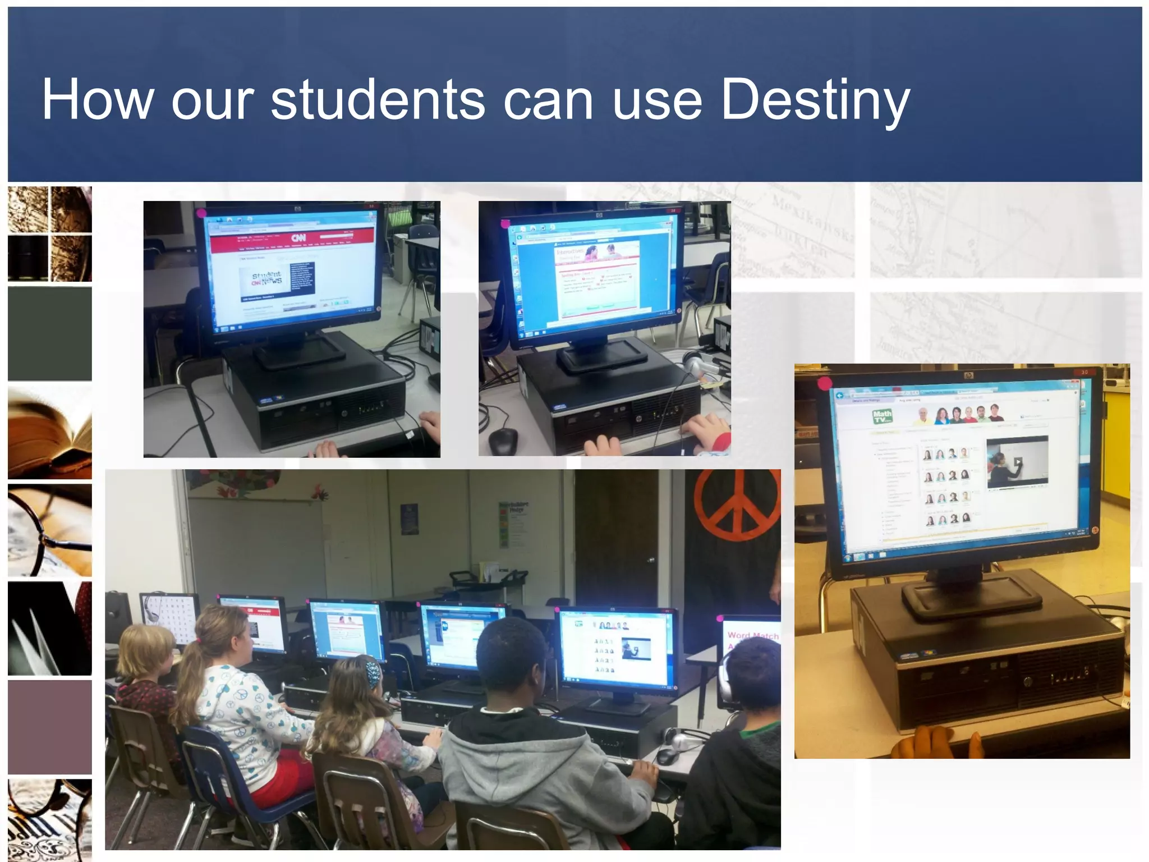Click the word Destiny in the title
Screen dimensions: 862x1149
pyautogui.click(x=815, y=100)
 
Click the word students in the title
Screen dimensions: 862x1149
pyautogui.click(x=378, y=100)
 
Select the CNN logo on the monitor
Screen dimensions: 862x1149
pyautogui.click(x=298, y=238)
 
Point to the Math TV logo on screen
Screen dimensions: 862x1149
pyautogui.click(x=882, y=416)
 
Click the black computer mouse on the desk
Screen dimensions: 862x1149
pyautogui.click(x=503, y=441)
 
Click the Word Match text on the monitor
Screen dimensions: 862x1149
pyautogui.click(x=752, y=636)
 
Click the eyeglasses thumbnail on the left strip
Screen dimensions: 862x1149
pyautogui.click(x=49, y=531)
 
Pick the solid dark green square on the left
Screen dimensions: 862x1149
pyautogui.click(x=49, y=334)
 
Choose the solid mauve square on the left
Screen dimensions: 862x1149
pyautogui.click(x=49, y=727)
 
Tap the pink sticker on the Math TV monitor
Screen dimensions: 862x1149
pyautogui.click(x=825, y=384)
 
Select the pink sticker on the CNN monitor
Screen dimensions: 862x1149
pyautogui.click(x=201, y=213)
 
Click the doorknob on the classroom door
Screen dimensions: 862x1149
pyautogui.click(x=650, y=560)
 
